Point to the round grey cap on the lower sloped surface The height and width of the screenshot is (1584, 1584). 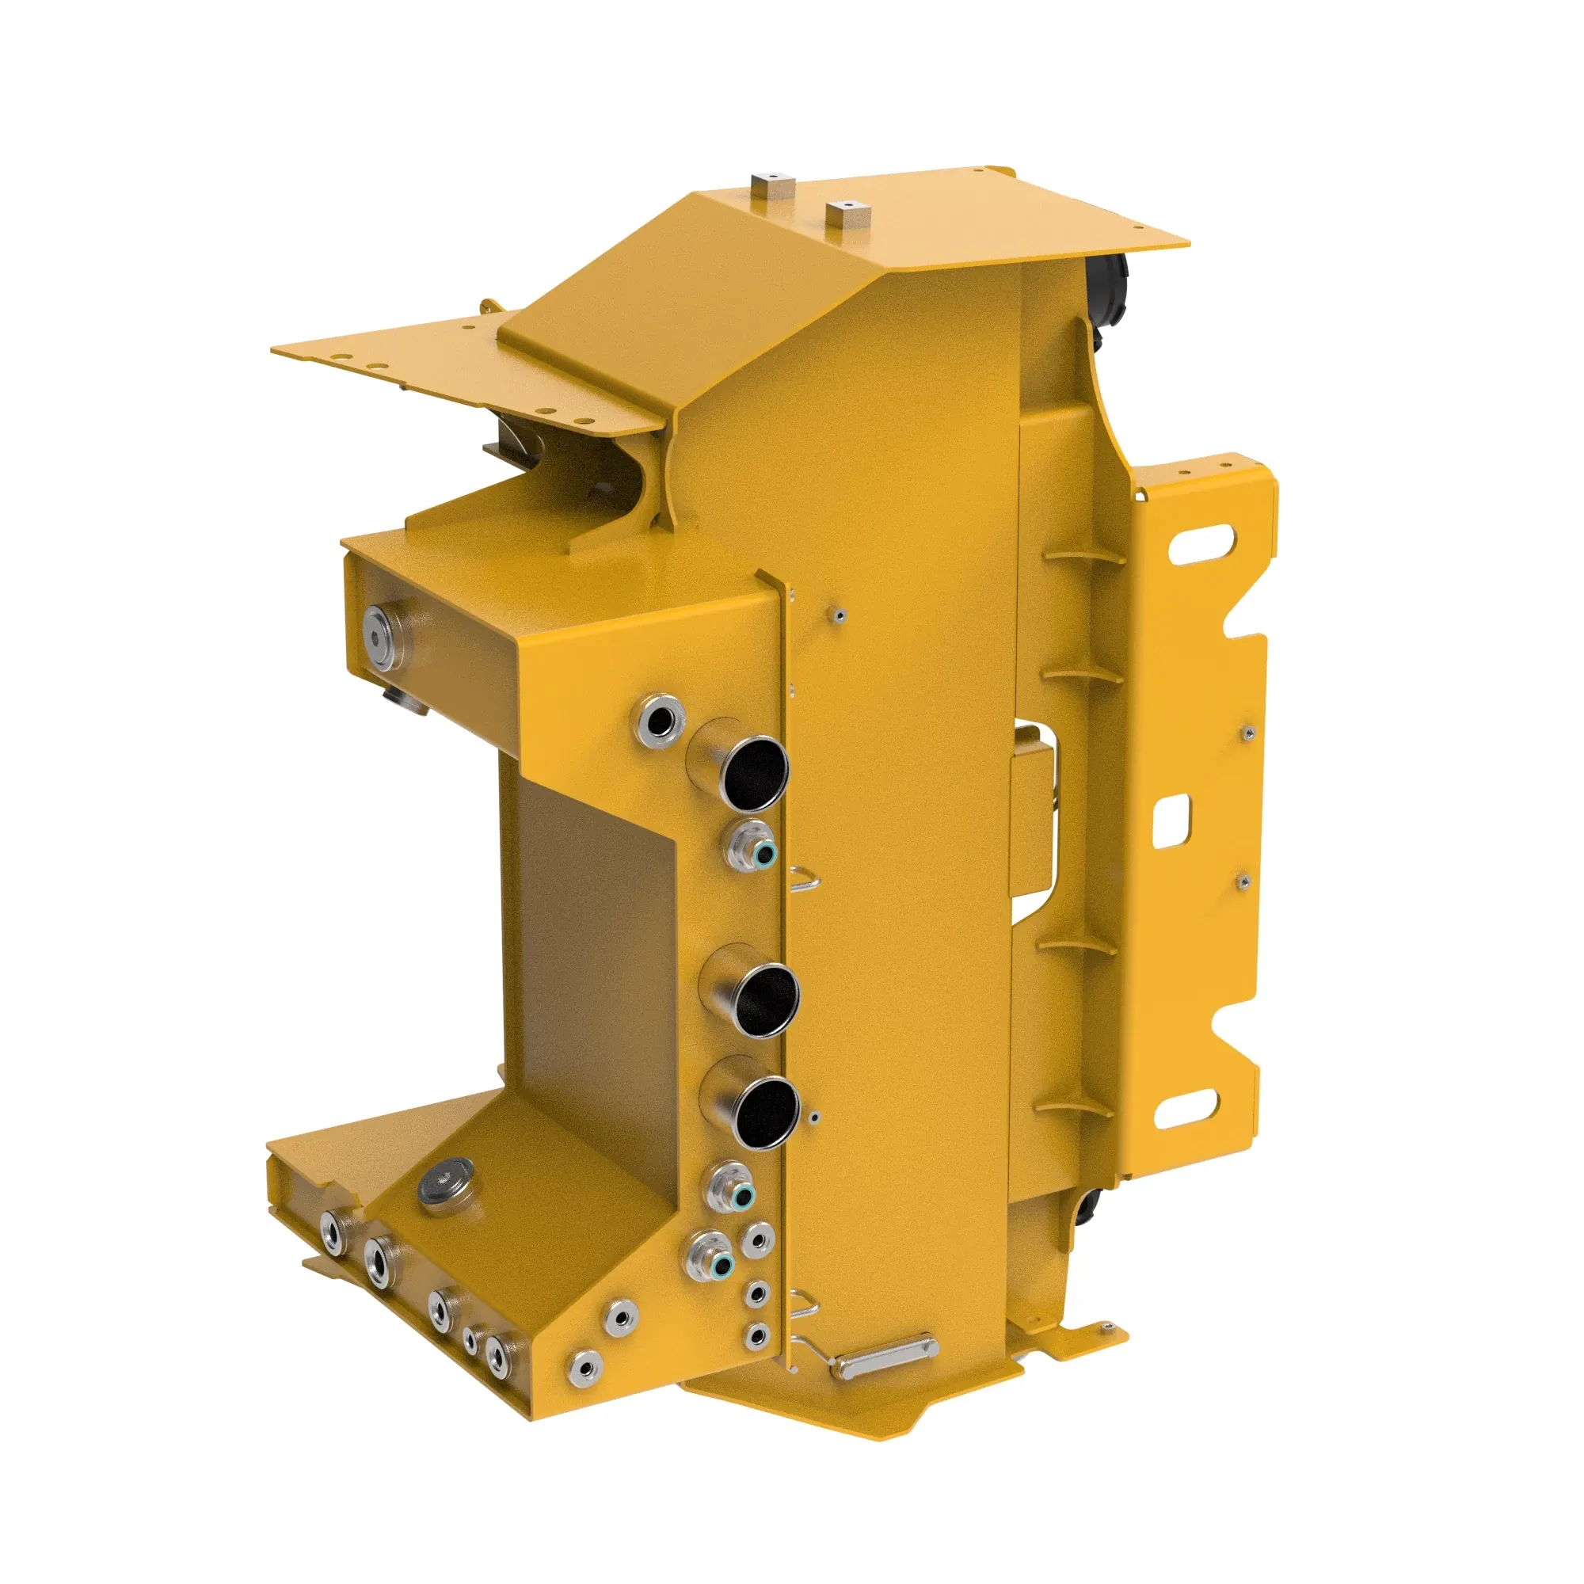(445, 1184)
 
